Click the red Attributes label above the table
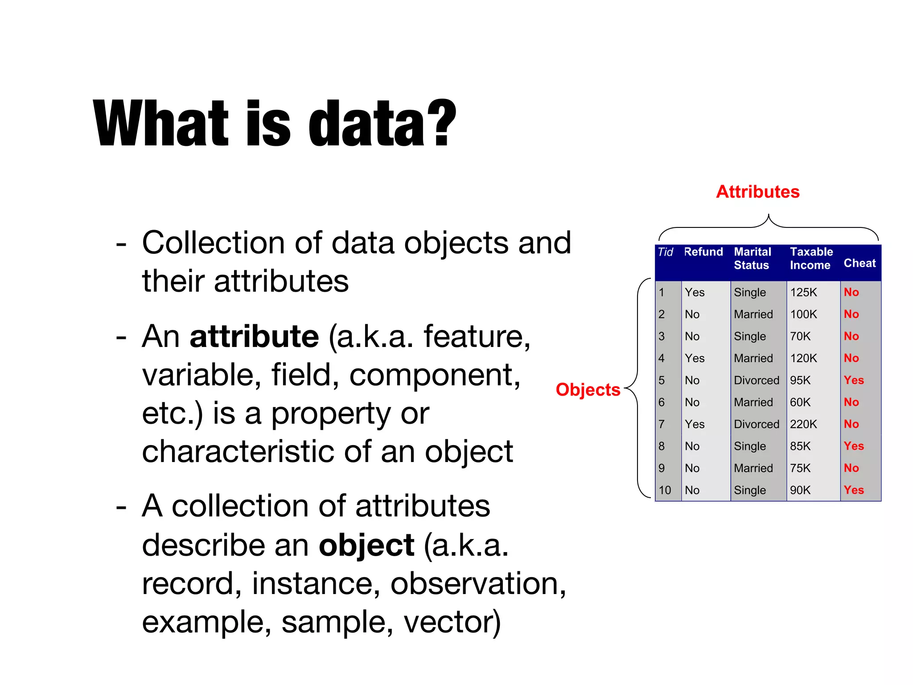point(757,192)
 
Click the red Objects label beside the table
point(588,390)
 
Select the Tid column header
point(665,252)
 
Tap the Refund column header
point(703,252)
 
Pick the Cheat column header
point(859,263)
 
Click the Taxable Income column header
point(811,258)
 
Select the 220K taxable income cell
point(803,424)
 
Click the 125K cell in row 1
point(803,293)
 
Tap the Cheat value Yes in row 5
point(853,380)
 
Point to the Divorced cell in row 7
point(756,424)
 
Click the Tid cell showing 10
point(665,490)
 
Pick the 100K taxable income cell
point(803,314)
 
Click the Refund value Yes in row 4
point(694,359)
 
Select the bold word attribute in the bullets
point(254,336)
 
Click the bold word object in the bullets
point(366,545)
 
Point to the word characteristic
point(238,451)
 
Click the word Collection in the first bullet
point(213,243)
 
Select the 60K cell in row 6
point(800,402)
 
